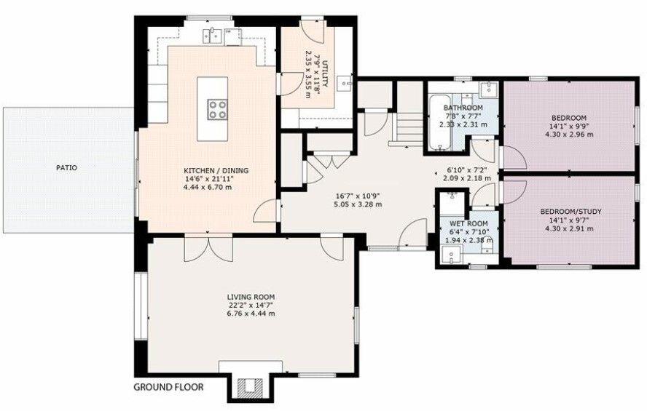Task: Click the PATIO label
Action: tap(66, 168)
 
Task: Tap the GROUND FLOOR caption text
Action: tap(168, 387)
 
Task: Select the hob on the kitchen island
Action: tap(216, 110)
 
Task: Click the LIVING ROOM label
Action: tap(251, 297)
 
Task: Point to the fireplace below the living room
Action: tap(251, 386)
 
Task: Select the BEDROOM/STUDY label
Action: tap(570, 212)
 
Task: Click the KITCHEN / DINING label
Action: tap(216, 171)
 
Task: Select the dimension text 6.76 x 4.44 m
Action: tap(251, 314)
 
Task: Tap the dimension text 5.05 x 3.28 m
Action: tap(358, 204)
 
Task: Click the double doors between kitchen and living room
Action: tap(208, 247)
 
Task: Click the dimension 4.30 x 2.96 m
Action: tap(570, 135)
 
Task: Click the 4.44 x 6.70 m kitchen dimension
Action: tap(216, 188)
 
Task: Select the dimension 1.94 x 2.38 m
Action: tap(468, 240)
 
